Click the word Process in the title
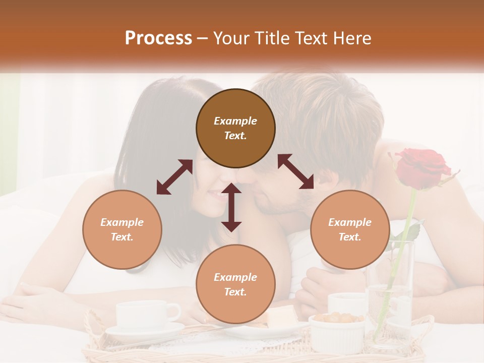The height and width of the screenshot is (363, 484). (x=158, y=38)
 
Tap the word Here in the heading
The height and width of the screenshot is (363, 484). (x=353, y=38)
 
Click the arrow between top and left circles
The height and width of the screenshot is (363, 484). (x=174, y=177)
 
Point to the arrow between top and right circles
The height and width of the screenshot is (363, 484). (x=296, y=171)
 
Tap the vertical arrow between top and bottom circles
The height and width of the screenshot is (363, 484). (x=231, y=207)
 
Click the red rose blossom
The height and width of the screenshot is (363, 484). (x=422, y=168)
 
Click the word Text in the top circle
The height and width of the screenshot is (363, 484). (x=235, y=136)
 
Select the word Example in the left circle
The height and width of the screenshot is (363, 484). (x=122, y=222)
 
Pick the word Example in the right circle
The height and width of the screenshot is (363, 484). (x=350, y=222)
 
